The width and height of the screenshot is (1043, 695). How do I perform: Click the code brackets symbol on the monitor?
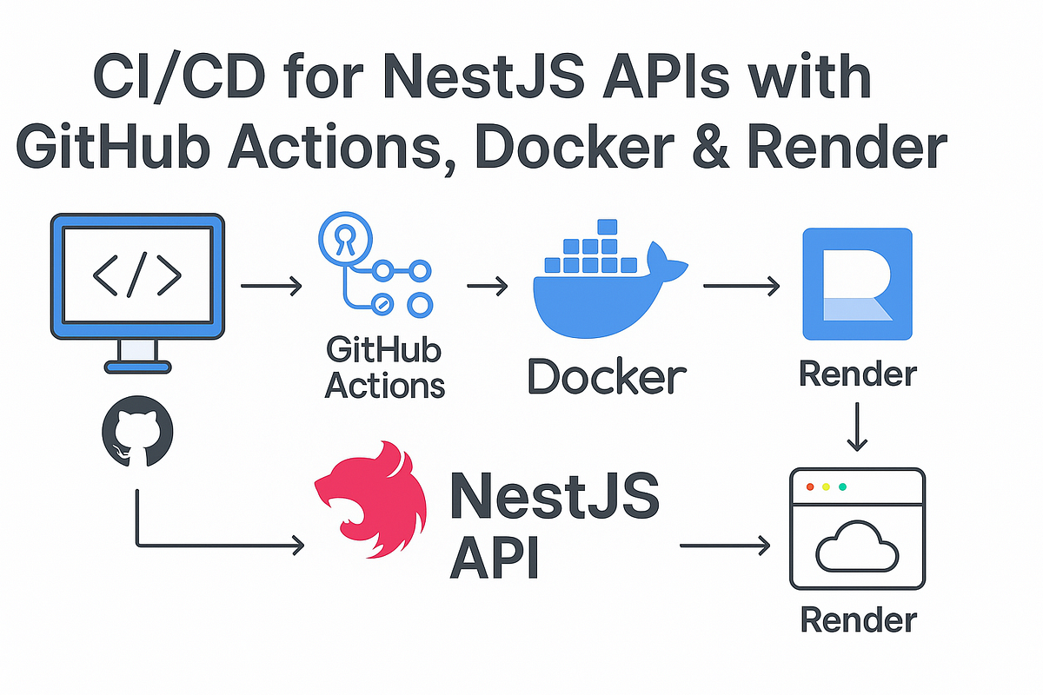(136, 275)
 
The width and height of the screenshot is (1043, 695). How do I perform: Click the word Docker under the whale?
(607, 377)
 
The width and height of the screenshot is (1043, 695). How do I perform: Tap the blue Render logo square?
(857, 283)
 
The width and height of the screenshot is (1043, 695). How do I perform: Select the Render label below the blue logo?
(857, 374)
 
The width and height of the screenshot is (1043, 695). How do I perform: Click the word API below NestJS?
(494, 558)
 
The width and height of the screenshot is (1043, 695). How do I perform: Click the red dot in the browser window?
(809, 486)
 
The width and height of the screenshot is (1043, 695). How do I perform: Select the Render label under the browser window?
(857, 619)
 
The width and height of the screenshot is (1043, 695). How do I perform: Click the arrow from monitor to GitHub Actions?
(270, 285)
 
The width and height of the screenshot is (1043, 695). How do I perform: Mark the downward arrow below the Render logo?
(857, 426)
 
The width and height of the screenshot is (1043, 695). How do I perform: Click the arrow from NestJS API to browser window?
(726, 546)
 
